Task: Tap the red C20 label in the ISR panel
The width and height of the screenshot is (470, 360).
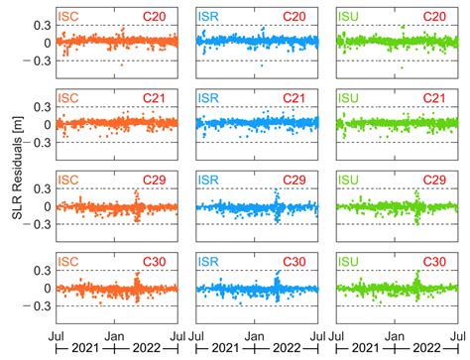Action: (306, 17)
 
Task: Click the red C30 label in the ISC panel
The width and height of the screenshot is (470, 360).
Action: (165, 263)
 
